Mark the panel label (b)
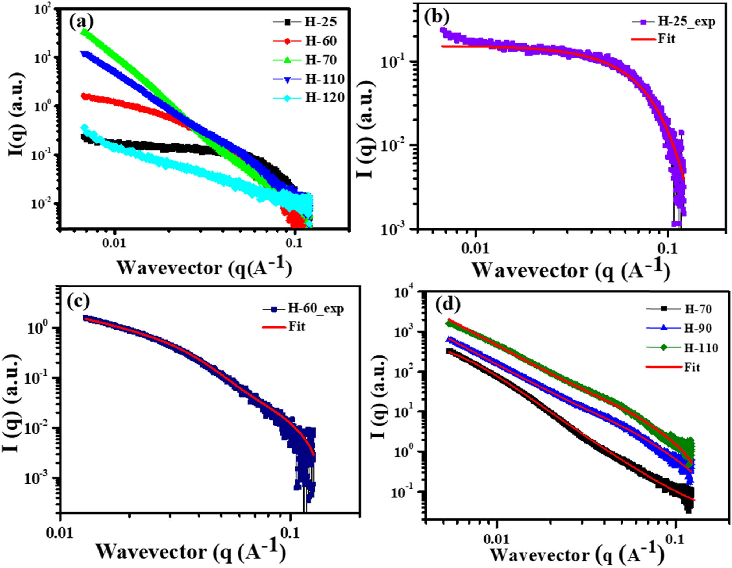coord(437,17)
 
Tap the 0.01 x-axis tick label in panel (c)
coord(60,533)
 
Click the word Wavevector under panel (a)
coord(170,268)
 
